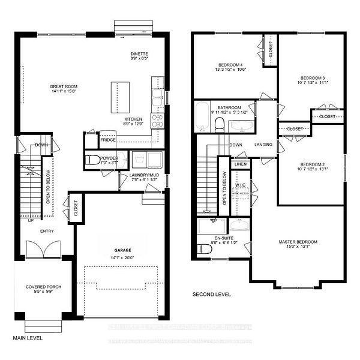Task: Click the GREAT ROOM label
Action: (x=64, y=87)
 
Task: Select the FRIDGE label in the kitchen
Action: (x=108, y=140)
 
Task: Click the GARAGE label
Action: (x=122, y=250)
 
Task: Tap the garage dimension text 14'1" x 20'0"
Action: (x=122, y=258)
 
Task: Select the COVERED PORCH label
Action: (x=43, y=287)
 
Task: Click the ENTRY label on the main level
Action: (x=48, y=231)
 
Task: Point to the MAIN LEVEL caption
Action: (x=26, y=338)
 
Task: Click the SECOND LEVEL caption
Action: (x=211, y=295)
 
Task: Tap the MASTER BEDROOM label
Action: (x=298, y=242)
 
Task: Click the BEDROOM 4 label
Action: (x=231, y=64)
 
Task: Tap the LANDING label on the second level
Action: (x=263, y=145)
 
